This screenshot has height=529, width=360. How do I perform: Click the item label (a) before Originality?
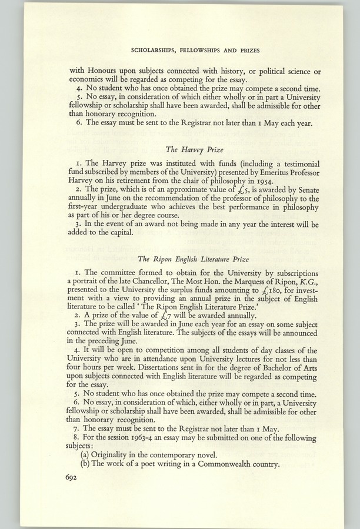point(86,454)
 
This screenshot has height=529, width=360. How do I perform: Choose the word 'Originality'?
point(118,454)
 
